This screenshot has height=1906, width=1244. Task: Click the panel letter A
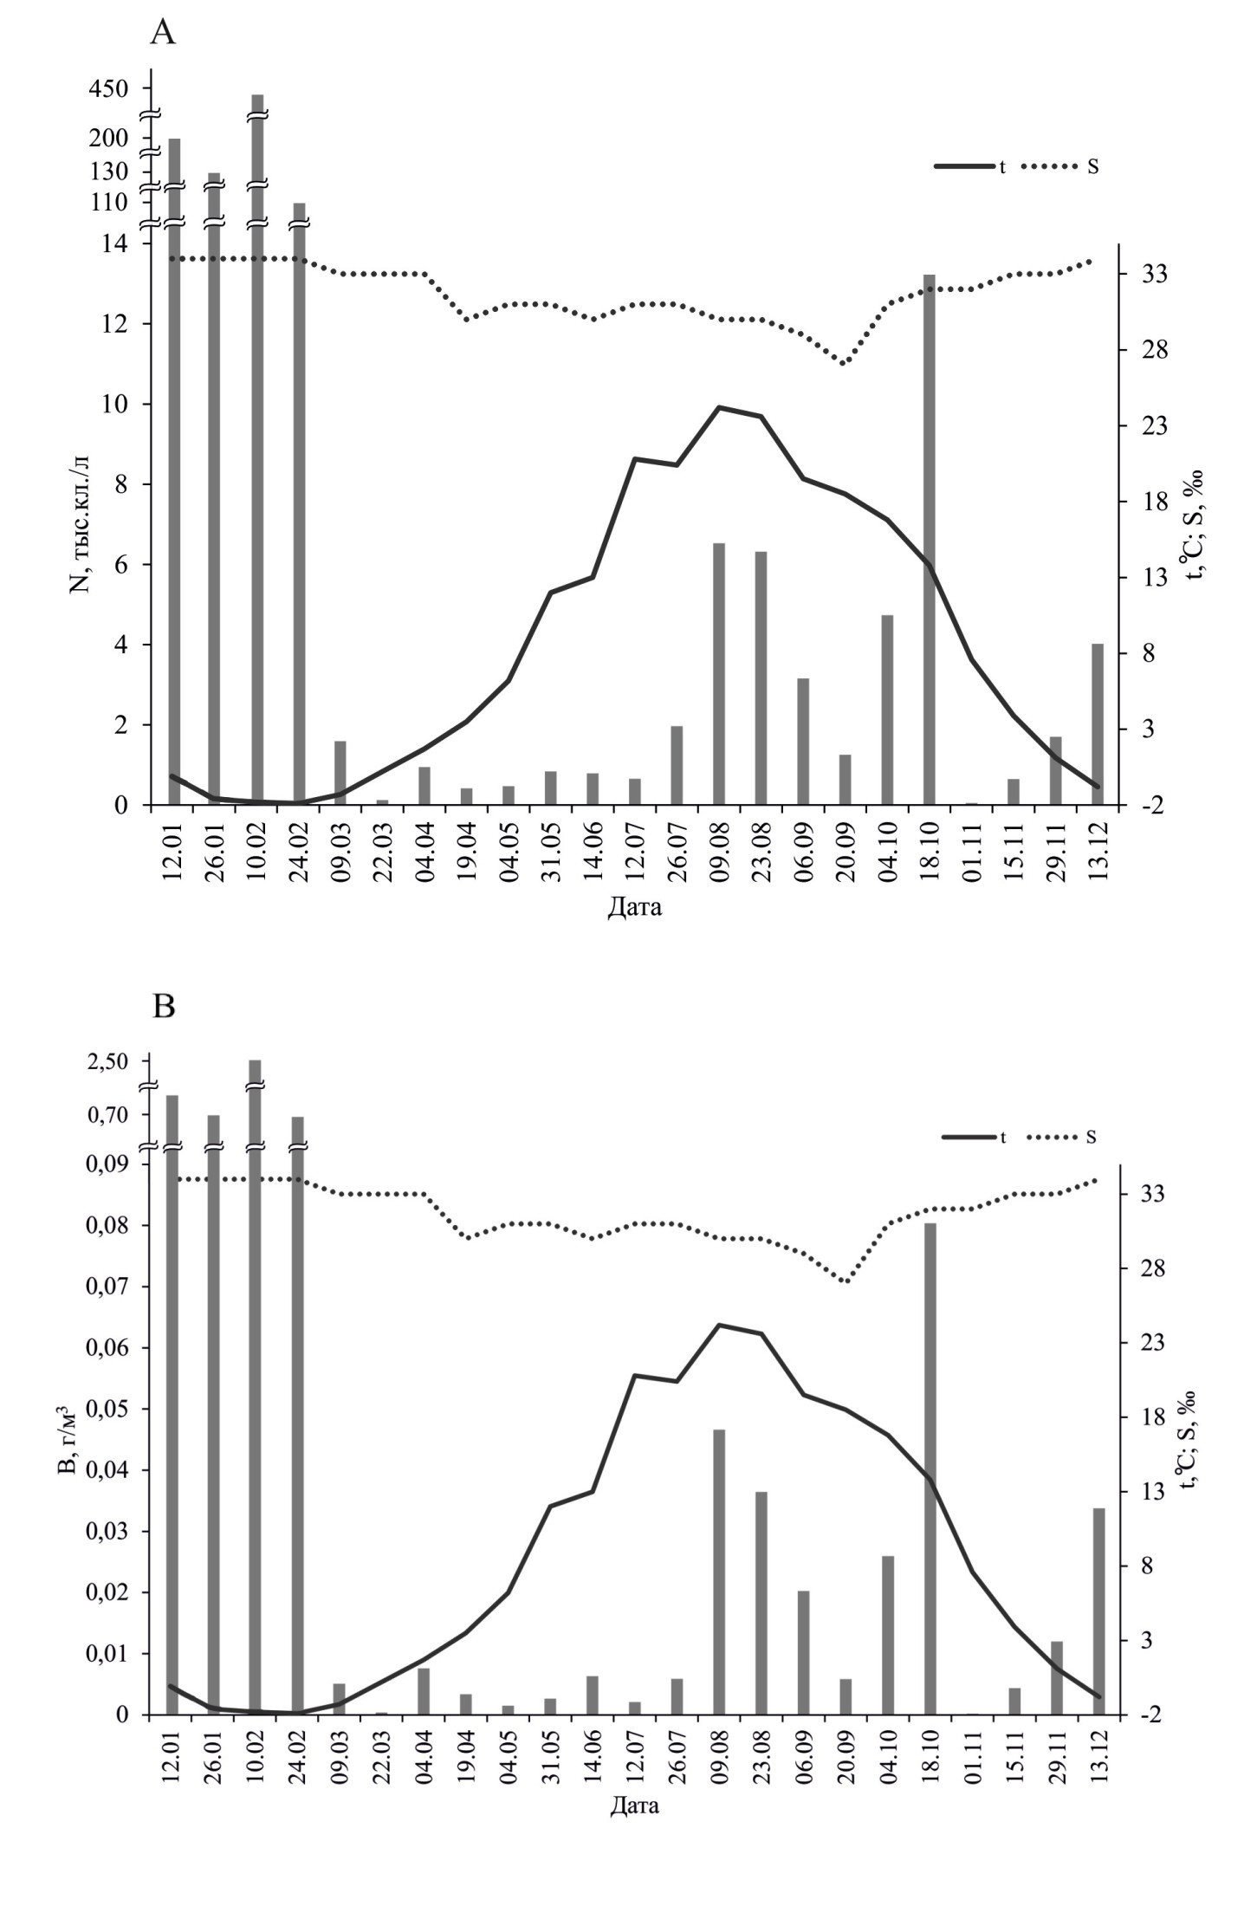click(x=163, y=34)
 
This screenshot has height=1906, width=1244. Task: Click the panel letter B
click(x=163, y=1006)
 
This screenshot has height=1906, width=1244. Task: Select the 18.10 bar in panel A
click(x=929, y=537)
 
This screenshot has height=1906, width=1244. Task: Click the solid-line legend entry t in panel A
click(x=970, y=166)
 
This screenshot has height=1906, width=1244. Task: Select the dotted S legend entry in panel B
click(x=1062, y=1138)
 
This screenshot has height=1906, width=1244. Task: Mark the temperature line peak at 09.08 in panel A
click(x=719, y=407)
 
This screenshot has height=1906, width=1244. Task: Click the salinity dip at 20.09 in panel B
click(x=846, y=1281)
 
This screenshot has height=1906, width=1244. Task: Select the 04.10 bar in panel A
click(x=887, y=710)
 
